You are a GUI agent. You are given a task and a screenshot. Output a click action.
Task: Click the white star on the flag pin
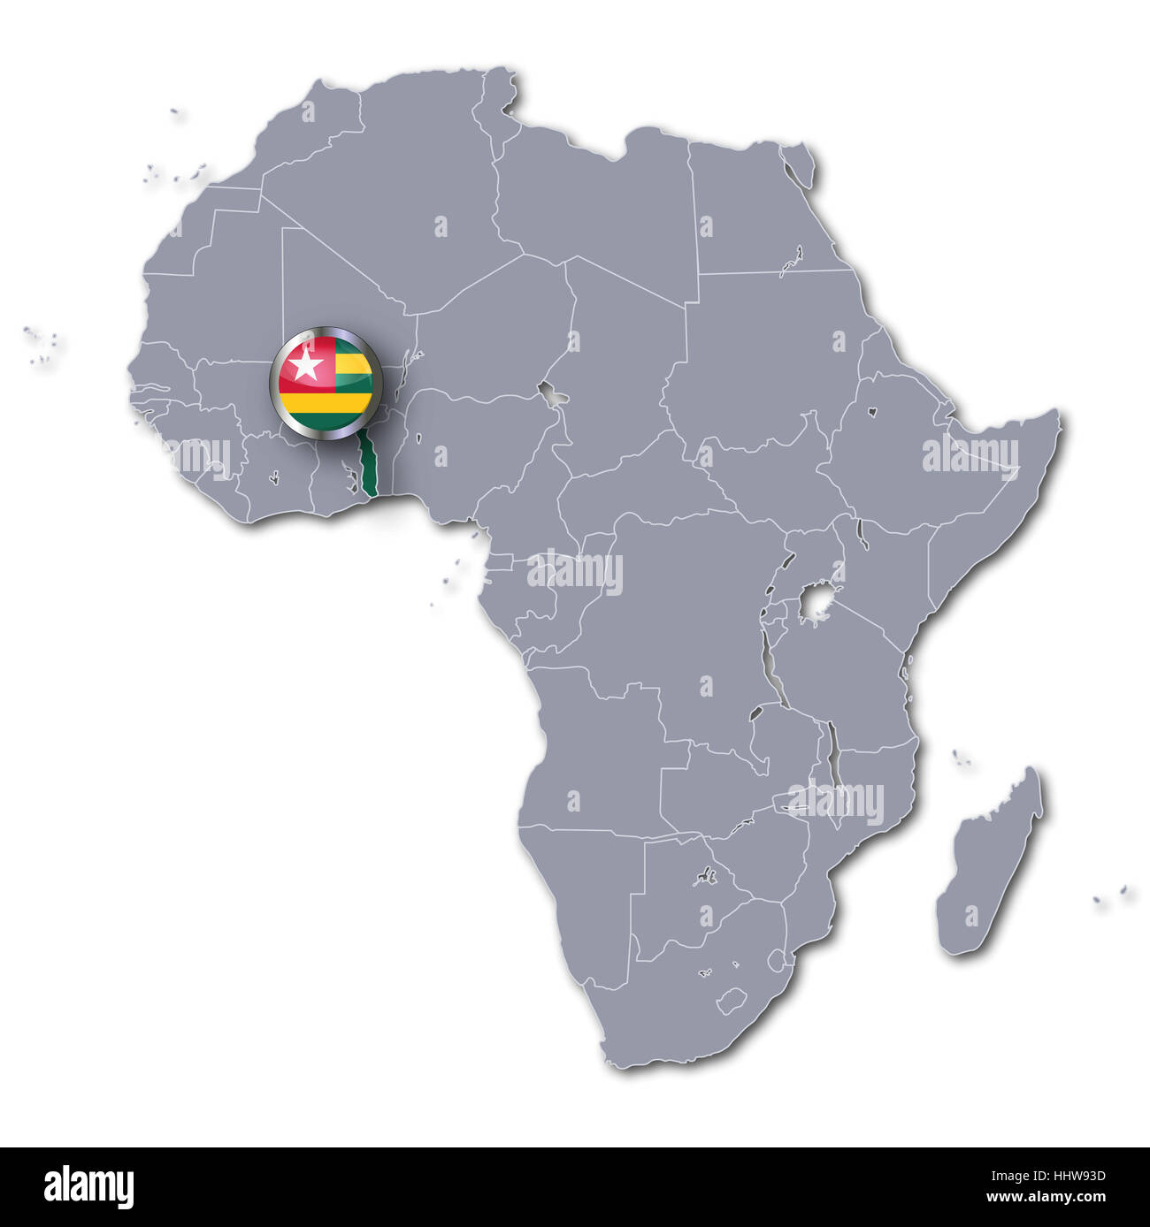click(x=306, y=365)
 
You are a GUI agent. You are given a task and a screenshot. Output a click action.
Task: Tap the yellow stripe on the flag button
click(x=326, y=404)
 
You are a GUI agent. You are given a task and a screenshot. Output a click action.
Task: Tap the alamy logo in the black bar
click(x=88, y=1186)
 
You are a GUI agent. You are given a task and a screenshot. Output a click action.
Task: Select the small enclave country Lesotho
click(x=732, y=1002)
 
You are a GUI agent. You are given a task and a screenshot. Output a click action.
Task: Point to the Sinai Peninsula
click(x=800, y=167)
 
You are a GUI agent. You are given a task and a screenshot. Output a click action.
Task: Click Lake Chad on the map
click(x=554, y=395)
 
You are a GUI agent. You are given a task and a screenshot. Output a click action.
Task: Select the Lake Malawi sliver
click(x=832, y=751)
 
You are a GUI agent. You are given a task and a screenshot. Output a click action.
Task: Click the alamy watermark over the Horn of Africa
click(x=970, y=455)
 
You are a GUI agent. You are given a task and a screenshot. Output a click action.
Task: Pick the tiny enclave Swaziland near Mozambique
click(x=776, y=958)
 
